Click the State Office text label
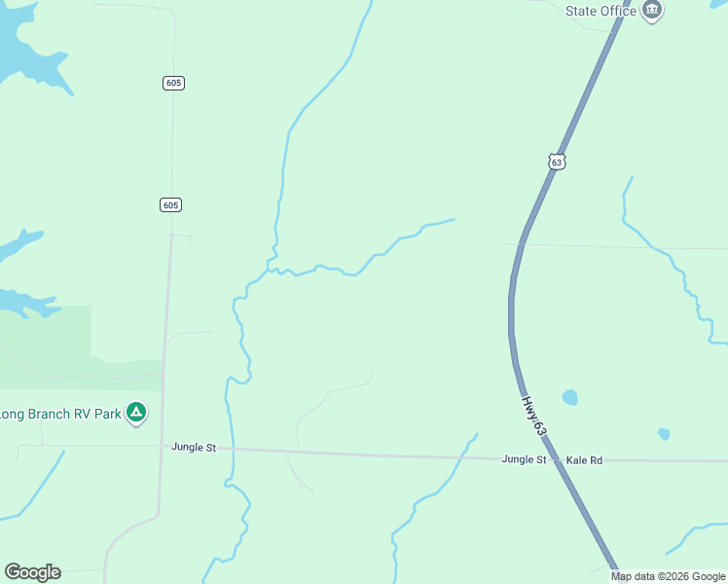tap(601, 11)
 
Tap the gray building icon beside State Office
tap(652, 11)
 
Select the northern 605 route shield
tap(174, 83)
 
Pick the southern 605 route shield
tap(171, 204)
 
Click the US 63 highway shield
tap(556, 162)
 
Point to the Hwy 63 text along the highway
tap(533, 416)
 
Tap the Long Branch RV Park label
tap(61, 414)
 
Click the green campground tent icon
tap(137, 413)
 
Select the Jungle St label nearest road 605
tap(194, 447)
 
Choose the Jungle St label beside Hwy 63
tap(524, 458)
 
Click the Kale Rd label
tap(585, 459)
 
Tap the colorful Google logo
tap(32, 572)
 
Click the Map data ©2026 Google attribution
tap(669, 576)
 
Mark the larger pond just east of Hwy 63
tap(569, 397)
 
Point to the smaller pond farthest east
tap(664, 434)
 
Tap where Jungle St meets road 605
tap(163, 447)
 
